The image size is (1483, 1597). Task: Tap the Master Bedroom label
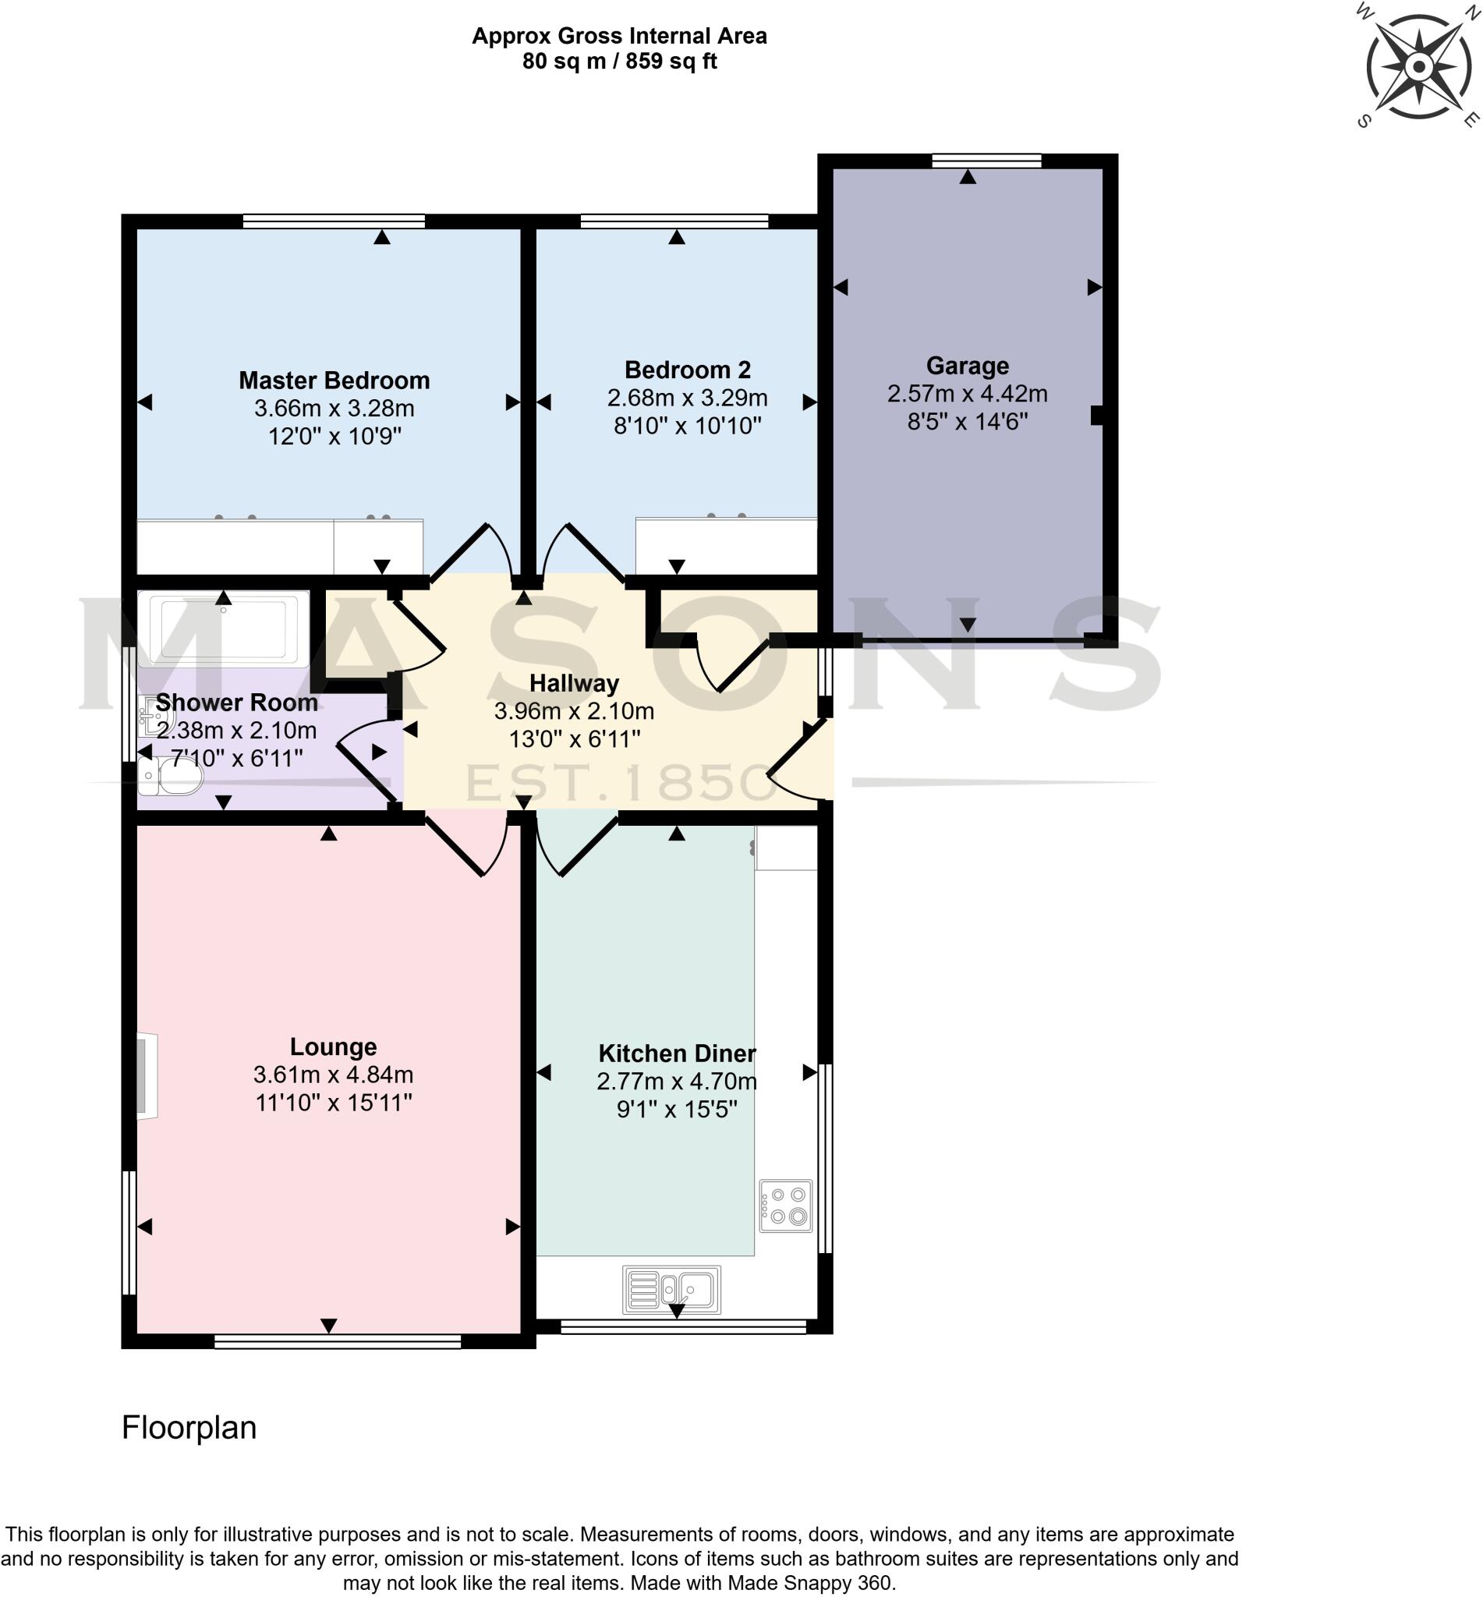pos(334,381)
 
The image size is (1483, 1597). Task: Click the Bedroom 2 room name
pos(687,370)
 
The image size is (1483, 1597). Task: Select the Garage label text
pos(967,366)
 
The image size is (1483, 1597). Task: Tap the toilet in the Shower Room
pos(172,776)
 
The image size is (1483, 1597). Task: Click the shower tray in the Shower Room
pos(223,629)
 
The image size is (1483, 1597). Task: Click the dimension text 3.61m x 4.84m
pos(333,1075)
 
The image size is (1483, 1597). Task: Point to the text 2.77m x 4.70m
pos(677,1081)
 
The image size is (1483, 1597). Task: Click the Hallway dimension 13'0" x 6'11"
pos(574,738)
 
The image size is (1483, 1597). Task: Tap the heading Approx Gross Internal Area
pos(619,36)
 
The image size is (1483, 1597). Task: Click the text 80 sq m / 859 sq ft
pos(619,61)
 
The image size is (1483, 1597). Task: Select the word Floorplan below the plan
pos(189,1428)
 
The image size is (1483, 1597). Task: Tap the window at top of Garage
pos(986,161)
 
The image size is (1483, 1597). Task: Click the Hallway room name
pos(574,684)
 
